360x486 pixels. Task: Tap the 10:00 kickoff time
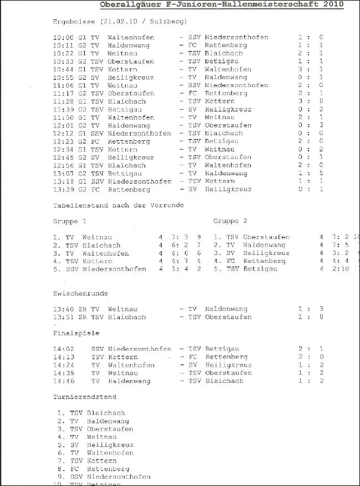[x=63, y=37]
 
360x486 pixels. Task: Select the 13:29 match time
[x=63, y=190]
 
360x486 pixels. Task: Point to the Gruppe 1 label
[x=69, y=221]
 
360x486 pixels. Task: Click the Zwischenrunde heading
[x=80, y=293]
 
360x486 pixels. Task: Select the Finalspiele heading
[x=76, y=334]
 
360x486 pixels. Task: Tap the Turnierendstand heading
[x=85, y=397]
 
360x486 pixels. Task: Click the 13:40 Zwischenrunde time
[x=63, y=309]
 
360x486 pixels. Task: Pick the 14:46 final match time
[x=63, y=381]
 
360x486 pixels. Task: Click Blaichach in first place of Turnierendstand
[x=106, y=413]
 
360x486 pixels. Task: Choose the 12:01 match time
[x=63, y=125]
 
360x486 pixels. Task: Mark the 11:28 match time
[x=63, y=101]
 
